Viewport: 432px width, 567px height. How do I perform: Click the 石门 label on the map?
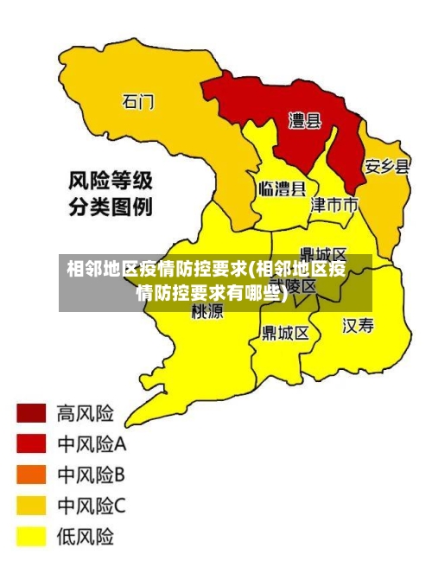click(x=137, y=102)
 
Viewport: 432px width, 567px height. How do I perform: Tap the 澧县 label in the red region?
click(x=304, y=121)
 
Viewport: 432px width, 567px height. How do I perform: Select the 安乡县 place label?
click(x=386, y=166)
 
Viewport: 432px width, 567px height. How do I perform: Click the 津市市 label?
click(x=334, y=205)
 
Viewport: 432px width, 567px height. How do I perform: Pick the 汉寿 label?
click(x=359, y=325)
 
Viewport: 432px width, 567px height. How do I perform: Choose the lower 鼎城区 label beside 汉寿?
click(x=285, y=332)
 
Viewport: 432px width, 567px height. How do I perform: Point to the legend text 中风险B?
click(x=92, y=475)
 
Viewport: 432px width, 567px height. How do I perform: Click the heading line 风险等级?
click(x=111, y=182)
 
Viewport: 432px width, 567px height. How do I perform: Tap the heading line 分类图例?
click(x=111, y=207)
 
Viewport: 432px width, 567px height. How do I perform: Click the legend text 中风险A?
click(x=92, y=444)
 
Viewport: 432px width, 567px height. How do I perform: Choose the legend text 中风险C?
click(x=92, y=506)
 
